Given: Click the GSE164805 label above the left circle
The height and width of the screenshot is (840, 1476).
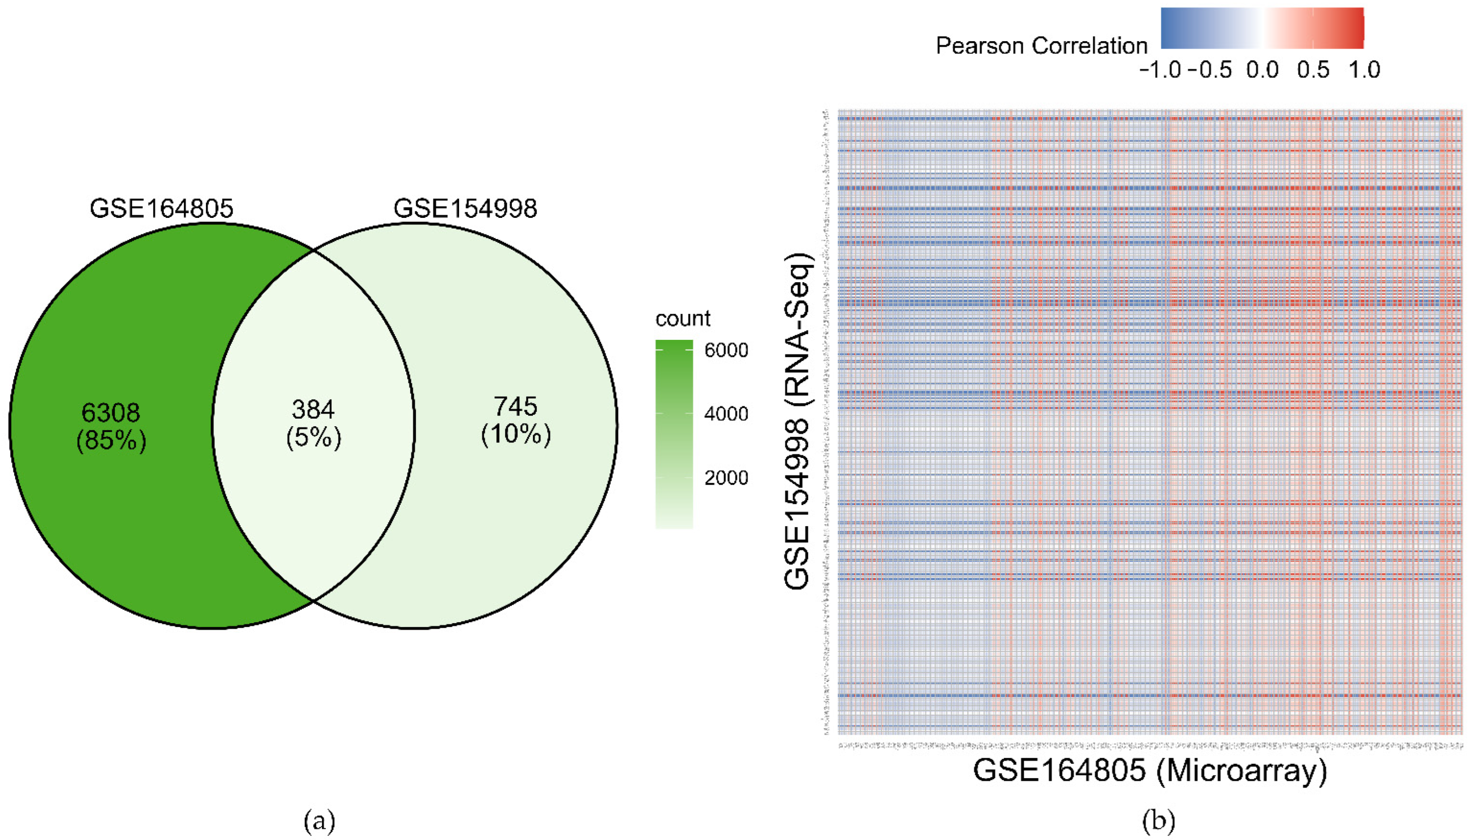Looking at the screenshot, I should (x=162, y=208).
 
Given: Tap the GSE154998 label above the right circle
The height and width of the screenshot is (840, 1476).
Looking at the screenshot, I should (x=465, y=208).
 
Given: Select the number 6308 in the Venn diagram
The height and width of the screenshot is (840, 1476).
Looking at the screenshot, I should (x=111, y=413).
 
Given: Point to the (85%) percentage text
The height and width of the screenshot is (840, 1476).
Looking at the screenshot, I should (x=111, y=441).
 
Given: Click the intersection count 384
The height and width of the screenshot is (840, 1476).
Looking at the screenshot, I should (x=313, y=410).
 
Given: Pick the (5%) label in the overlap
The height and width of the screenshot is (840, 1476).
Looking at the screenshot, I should (x=313, y=438).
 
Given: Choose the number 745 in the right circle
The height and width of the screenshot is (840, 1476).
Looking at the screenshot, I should (x=515, y=407).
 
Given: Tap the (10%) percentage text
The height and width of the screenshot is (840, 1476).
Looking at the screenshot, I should (x=515, y=434).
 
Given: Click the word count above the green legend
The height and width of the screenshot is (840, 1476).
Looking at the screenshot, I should (x=683, y=318).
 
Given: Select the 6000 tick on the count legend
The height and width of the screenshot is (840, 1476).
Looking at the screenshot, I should (x=726, y=350).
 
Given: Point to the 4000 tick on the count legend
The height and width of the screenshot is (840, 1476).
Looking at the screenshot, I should (x=726, y=414).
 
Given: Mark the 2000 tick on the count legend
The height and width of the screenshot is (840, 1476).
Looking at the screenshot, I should (x=726, y=477).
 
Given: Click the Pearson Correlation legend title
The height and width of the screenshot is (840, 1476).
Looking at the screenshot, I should (x=1041, y=46).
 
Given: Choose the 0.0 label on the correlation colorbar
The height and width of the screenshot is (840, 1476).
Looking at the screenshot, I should (x=1263, y=70).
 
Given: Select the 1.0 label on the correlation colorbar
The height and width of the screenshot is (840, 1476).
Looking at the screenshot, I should (x=1364, y=70).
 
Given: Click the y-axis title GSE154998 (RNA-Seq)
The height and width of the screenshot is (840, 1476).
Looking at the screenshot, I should (x=798, y=421).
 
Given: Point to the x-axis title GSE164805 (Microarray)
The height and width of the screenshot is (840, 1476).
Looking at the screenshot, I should (x=1150, y=770).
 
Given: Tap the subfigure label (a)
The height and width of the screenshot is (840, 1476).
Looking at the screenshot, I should (x=319, y=820).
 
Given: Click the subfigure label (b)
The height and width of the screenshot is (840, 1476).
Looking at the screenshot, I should (x=1159, y=820).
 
